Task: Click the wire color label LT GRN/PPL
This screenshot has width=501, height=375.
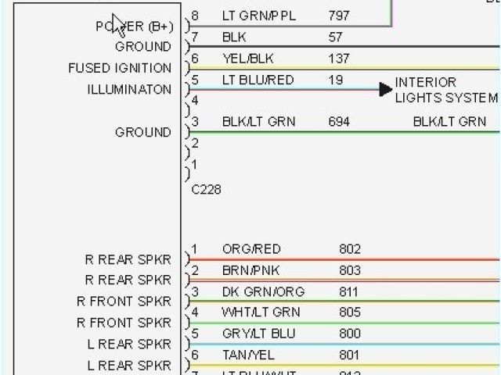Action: (x=258, y=16)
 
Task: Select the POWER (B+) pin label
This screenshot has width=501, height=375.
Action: (x=134, y=26)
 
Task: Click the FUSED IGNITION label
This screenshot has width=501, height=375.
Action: (x=119, y=68)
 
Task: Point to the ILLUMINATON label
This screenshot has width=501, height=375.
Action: (x=129, y=89)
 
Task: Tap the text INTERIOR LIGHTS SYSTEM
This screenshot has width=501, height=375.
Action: (x=445, y=90)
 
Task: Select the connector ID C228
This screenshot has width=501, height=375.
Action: (x=206, y=190)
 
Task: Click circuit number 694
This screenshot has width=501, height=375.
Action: (x=339, y=121)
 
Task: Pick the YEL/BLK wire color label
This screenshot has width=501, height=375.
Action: (x=247, y=59)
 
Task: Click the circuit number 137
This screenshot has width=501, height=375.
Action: (x=339, y=59)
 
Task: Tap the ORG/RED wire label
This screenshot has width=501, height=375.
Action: (x=251, y=249)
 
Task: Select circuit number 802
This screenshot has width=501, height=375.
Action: (x=349, y=249)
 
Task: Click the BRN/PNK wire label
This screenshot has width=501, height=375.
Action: (x=250, y=270)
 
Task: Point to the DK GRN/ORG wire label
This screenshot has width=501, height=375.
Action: (x=263, y=292)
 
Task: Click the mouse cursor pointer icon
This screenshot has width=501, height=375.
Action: (x=118, y=24)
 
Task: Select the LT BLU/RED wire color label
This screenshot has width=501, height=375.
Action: (x=258, y=80)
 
